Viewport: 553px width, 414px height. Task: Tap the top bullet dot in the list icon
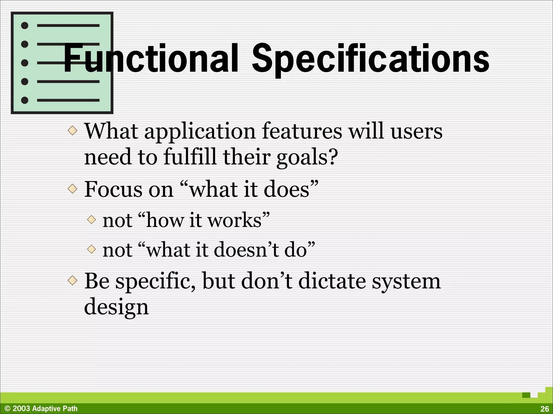click(25, 26)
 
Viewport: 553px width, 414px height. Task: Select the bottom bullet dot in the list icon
click(25, 100)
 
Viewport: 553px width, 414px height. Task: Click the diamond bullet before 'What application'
click(72, 131)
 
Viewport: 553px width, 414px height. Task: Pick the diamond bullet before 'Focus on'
click(72, 189)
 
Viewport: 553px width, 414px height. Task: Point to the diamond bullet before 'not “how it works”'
click(92, 219)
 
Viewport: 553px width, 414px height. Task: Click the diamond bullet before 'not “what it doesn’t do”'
click(92, 249)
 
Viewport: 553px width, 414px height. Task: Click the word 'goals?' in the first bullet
click(307, 157)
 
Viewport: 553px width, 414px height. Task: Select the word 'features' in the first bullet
click(302, 132)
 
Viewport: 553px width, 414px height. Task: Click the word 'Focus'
click(113, 189)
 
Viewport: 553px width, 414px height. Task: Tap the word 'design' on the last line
click(116, 307)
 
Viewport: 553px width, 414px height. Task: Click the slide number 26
click(544, 409)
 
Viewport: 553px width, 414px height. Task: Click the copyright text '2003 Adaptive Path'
click(45, 409)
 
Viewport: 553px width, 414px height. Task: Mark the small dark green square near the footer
click(526, 395)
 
